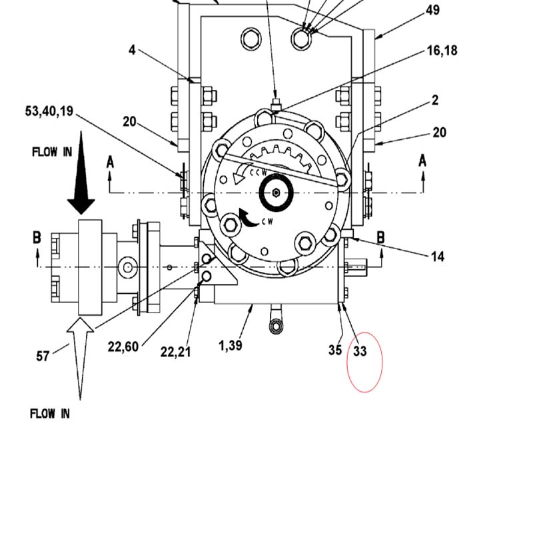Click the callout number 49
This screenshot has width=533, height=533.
[432, 10]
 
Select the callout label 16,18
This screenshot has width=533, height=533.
[442, 51]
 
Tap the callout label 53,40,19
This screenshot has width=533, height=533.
[49, 111]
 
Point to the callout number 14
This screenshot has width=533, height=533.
[438, 257]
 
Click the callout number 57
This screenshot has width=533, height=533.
[43, 356]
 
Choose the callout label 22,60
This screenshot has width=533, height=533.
[123, 347]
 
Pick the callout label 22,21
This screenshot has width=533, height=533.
[175, 352]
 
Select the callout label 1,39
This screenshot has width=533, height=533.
[231, 346]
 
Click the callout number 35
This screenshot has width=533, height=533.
[335, 350]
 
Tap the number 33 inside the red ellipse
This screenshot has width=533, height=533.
[360, 351]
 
